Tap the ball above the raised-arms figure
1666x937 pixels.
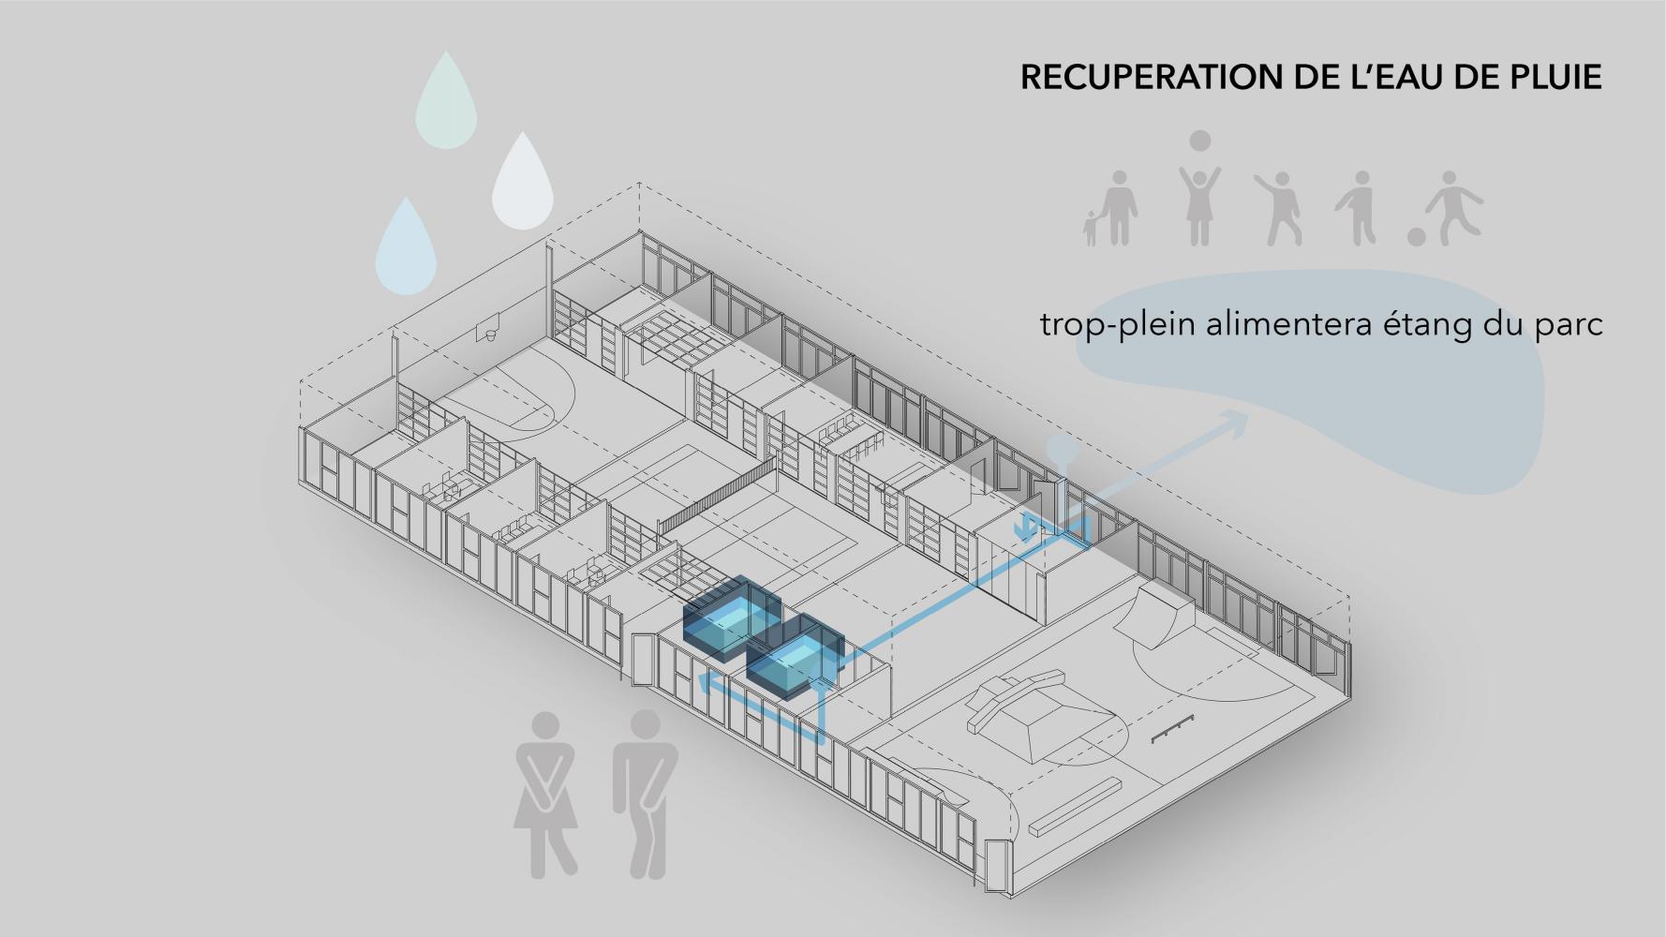(1199, 141)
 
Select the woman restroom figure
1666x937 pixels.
(546, 796)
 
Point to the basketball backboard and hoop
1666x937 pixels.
(488, 333)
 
